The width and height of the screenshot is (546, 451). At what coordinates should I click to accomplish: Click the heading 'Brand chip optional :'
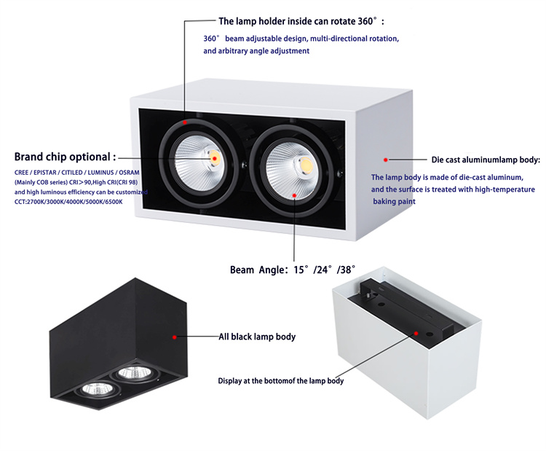pyautogui.click(x=65, y=157)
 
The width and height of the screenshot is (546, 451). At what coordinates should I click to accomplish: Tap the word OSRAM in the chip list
pyautogui.click(x=129, y=173)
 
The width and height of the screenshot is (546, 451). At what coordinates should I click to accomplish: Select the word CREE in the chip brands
pyautogui.click(x=22, y=173)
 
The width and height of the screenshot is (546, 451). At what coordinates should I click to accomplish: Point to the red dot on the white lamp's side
pyautogui.click(x=385, y=160)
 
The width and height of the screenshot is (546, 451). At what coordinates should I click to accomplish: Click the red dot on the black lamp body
pyautogui.click(x=175, y=337)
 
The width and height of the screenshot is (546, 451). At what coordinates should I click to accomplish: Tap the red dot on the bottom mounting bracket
pyautogui.click(x=416, y=334)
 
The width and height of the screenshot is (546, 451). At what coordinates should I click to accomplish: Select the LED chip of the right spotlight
pyautogui.click(x=305, y=164)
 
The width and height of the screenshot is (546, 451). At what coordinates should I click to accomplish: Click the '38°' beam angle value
pyautogui.click(x=347, y=270)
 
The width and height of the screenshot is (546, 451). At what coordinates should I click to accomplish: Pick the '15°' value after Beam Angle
pyautogui.click(x=301, y=270)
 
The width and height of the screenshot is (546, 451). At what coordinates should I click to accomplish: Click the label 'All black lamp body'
pyautogui.click(x=257, y=337)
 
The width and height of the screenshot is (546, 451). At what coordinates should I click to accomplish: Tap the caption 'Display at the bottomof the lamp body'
pyautogui.click(x=281, y=380)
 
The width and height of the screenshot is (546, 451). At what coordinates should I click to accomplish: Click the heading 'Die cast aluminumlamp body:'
pyautogui.click(x=486, y=160)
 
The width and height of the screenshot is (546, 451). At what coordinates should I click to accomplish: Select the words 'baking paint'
pyautogui.click(x=394, y=201)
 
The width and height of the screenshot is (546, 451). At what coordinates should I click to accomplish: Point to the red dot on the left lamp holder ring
pyautogui.click(x=185, y=122)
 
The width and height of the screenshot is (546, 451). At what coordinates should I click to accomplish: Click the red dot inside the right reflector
pyautogui.click(x=294, y=195)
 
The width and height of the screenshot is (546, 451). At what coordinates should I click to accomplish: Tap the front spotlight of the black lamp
pyautogui.click(x=96, y=388)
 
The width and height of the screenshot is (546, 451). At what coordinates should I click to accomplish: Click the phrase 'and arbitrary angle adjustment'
pyautogui.click(x=256, y=51)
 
